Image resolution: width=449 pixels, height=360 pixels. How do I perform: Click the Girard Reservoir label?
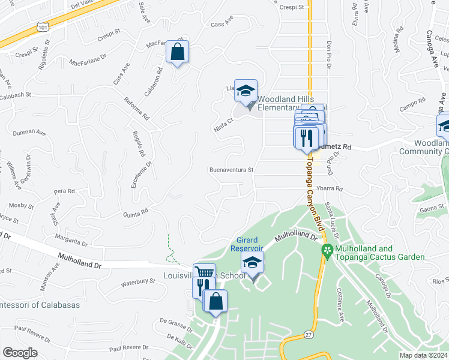247,244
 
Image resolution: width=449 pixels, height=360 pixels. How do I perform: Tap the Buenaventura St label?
232,170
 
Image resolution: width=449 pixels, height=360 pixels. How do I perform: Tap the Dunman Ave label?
29,131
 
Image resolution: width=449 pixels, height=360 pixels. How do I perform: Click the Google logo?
19,352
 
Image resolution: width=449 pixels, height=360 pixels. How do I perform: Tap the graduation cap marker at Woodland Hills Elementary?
246,91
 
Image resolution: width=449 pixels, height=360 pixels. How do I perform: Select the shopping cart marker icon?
204,273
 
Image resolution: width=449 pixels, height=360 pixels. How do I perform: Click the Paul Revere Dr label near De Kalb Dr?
128,347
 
